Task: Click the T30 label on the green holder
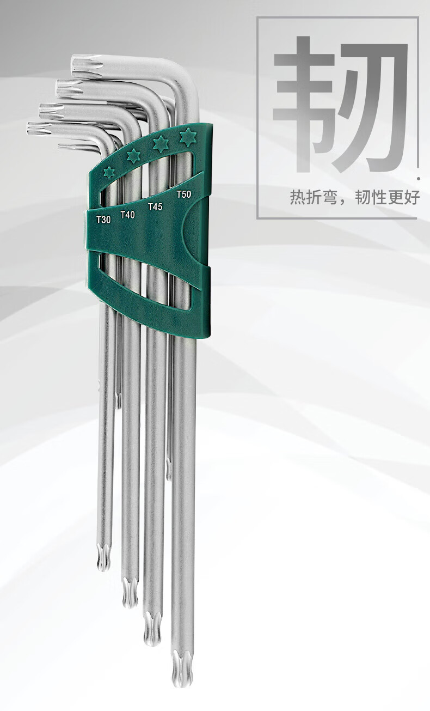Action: [103, 220]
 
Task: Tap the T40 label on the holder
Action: [127, 215]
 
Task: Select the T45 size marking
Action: [155, 206]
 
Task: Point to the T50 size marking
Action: [184, 194]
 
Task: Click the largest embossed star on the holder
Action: [188, 137]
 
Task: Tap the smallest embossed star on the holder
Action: [109, 172]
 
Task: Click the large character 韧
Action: [340, 105]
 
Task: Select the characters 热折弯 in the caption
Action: [314, 197]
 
